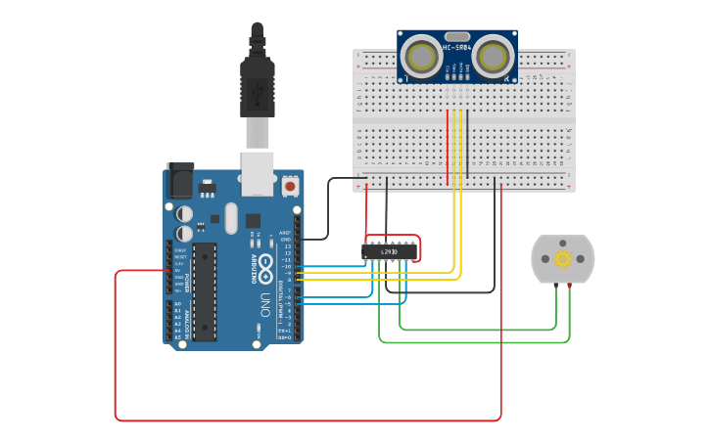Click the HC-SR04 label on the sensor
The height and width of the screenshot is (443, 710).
coord(456,47)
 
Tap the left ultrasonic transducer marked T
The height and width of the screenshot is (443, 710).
coord(421,57)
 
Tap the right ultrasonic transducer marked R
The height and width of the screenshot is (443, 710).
coord(495,57)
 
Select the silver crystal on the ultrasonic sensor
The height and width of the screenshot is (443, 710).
coord(458,35)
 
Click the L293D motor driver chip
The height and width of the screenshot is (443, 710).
coord(389,251)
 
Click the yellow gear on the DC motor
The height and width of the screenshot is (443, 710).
coord(562,259)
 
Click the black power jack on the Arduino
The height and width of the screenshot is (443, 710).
coord(180,181)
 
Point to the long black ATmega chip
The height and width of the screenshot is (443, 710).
coord(204,290)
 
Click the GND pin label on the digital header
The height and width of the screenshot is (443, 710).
coord(286,239)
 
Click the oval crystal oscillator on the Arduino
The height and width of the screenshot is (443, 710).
coord(231,217)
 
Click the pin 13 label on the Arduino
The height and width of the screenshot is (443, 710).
coord(287,245)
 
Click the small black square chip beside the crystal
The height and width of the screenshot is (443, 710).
coord(253,221)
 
